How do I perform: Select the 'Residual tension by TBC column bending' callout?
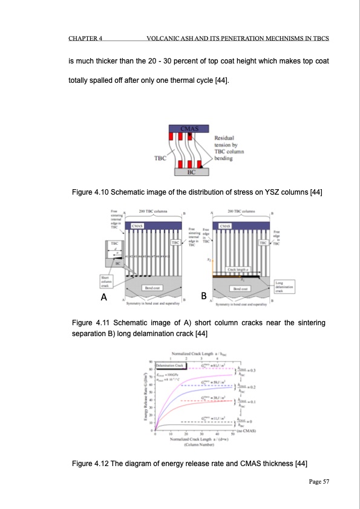[229, 146]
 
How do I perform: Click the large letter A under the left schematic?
[104, 297]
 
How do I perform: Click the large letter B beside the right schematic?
[205, 296]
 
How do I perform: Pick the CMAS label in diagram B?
[225, 225]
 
